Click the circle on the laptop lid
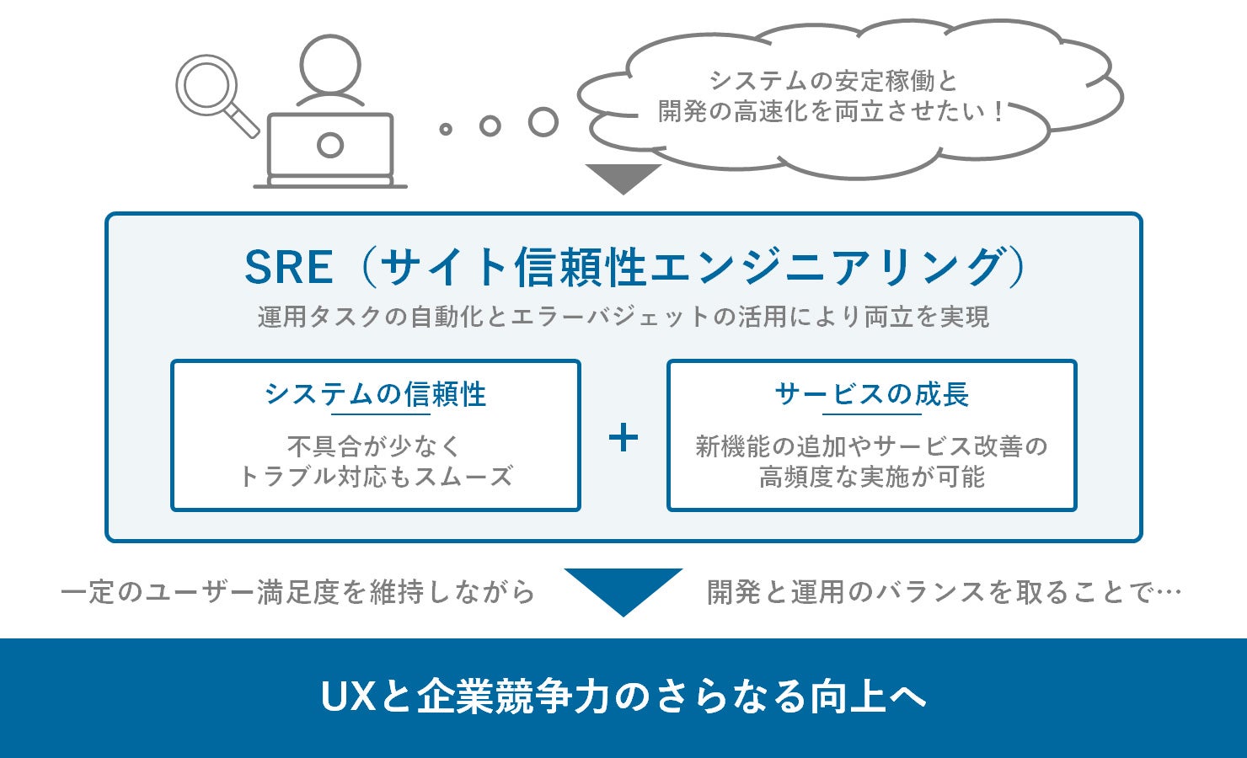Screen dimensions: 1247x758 (x=330, y=145)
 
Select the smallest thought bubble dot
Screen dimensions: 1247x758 (x=446, y=130)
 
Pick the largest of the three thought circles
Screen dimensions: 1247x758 (x=543, y=122)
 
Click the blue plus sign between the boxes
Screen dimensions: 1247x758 (x=623, y=437)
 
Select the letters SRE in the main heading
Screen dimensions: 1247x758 (x=289, y=268)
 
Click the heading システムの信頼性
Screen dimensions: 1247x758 (x=376, y=394)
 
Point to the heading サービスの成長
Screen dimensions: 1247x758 (x=872, y=394)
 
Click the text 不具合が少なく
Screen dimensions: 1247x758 (x=374, y=446)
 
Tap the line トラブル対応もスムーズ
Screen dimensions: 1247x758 (x=376, y=477)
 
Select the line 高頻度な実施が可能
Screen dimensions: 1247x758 (x=872, y=477)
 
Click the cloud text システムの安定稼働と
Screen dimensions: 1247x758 (x=833, y=81)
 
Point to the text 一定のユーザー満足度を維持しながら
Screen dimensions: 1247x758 (x=297, y=591)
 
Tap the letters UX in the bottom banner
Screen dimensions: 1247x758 (x=349, y=697)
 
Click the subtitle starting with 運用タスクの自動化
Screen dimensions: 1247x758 (x=623, y=318)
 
